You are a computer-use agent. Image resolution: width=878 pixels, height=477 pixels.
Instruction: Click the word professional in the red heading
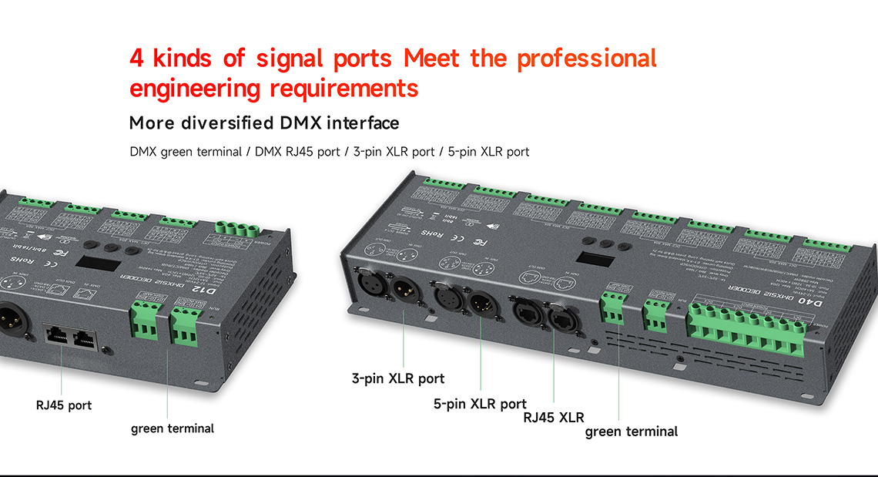[587, 58]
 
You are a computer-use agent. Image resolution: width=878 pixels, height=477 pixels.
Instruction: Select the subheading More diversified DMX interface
[264, 123]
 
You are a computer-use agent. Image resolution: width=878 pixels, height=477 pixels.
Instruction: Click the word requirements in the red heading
[343, 88]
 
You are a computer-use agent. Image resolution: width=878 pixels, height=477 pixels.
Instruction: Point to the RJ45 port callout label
[64, 405]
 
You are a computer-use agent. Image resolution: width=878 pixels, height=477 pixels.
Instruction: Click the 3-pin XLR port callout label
[398, 378]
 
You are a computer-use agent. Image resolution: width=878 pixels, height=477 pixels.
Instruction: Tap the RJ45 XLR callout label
[553, 418]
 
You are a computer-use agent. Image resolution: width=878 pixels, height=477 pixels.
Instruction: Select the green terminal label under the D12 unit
[173, 428]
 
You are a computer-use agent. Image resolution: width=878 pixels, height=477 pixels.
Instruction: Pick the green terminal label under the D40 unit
[632, 432]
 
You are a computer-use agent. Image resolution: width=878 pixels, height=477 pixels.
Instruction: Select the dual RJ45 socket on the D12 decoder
[70, 337]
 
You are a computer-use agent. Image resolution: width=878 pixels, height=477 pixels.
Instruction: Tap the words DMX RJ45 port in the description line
[296, 152]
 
